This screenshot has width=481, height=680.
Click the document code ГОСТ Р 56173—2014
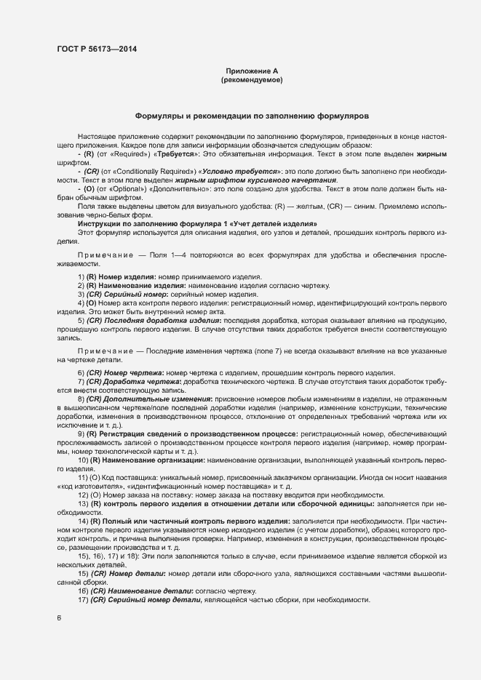(96, 49)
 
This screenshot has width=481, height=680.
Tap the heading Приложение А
(252, 71)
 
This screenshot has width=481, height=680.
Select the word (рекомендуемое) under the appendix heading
(252, 79)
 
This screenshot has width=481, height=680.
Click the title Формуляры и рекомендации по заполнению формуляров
(252, 116)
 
